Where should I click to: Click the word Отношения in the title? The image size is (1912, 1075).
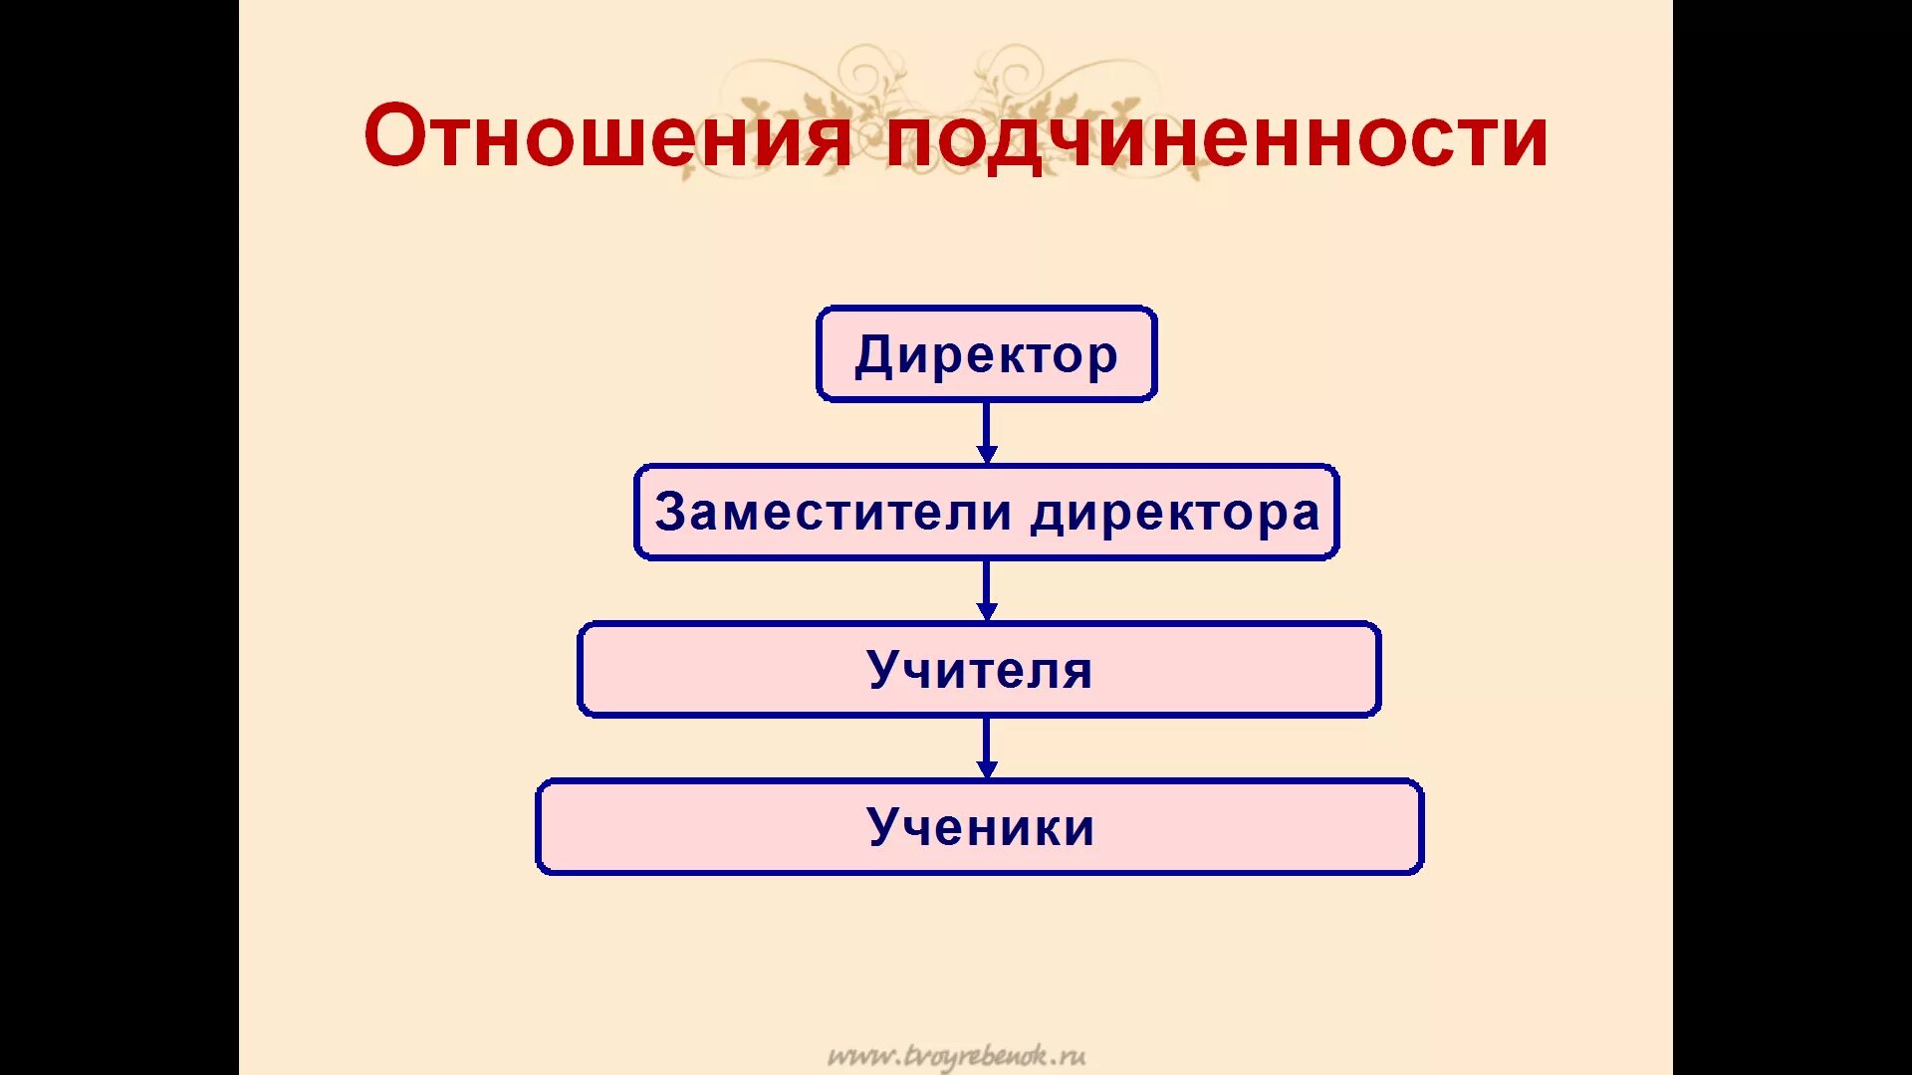pos(607,136)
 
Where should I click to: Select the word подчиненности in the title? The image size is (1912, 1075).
pos(1216,138)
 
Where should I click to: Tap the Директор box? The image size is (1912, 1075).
pos(986,354)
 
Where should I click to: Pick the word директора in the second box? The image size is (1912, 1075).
pos(1175,514)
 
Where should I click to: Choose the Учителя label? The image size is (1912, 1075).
pos(980,669)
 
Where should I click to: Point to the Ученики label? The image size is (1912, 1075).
pos(981,826)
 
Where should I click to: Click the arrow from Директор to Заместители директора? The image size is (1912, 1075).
pos(987,432)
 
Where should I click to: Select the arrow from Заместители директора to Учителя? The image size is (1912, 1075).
pos(987,590)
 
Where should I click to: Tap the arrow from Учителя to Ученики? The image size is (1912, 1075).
pos(987,748)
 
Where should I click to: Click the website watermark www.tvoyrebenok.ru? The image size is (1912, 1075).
pos(956,1056)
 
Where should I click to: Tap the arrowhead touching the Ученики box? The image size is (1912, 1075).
pos(987,769)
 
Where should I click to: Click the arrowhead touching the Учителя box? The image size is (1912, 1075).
pos(987,612)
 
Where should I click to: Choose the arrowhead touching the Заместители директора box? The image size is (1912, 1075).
pos(987,454)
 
